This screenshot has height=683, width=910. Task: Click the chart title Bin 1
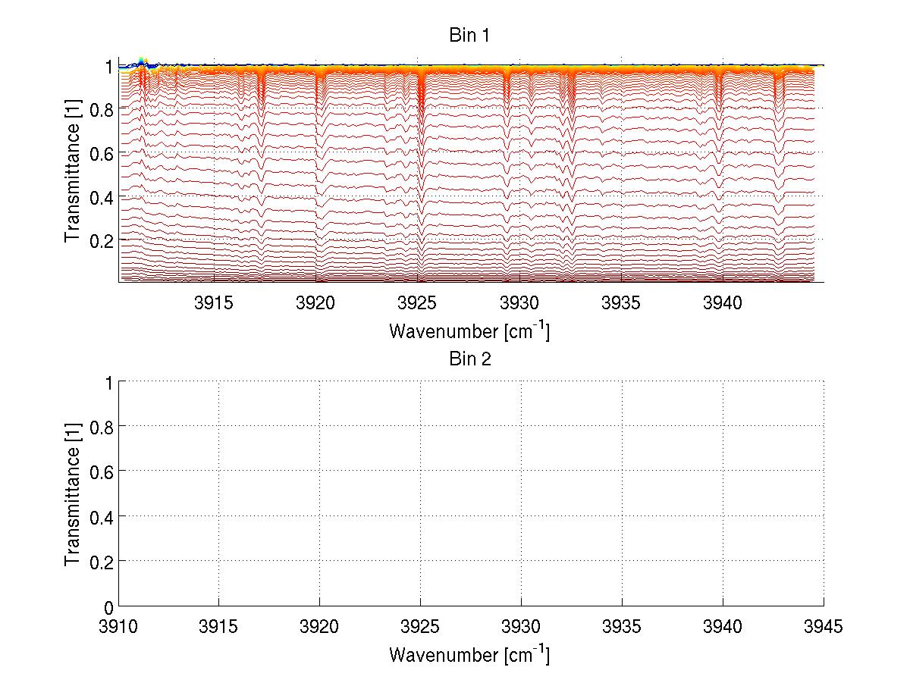(x=470, y=35)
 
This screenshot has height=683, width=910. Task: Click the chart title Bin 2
(x=470, y=359)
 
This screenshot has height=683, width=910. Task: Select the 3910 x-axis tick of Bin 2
(x=119, y=627)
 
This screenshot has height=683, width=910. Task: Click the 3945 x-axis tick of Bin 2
(x=824, y=627)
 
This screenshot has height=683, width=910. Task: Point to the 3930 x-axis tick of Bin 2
(x=521, y=627)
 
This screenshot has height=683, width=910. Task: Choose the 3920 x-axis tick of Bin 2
(x=319, y=627)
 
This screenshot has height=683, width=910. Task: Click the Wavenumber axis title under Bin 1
(x=469, y=331)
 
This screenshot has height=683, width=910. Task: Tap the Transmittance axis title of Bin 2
(x=73, y=493)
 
